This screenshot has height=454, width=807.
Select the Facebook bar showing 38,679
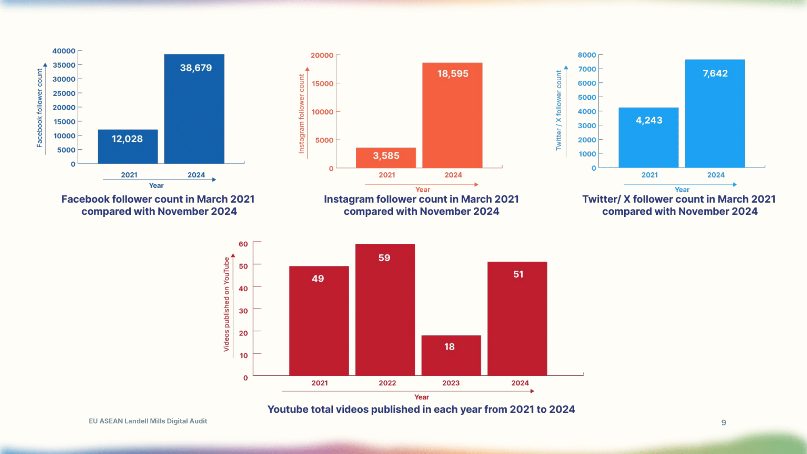(194, 109)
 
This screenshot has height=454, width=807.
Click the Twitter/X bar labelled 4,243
(648, 137)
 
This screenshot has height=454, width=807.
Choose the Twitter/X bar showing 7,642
(715, 113)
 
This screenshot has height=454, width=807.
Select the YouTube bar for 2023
(451, 355)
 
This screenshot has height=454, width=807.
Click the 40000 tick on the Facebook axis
(64, 51)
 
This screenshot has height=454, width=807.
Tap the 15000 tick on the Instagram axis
(322, 84)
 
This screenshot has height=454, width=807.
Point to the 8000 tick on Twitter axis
(587, 55)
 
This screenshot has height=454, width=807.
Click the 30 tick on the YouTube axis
(243, 311)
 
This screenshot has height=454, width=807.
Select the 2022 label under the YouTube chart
(387, 383)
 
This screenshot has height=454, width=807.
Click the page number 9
(723, 423)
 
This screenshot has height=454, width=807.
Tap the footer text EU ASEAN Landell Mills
(148, 421)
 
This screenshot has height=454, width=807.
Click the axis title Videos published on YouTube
(226, 304)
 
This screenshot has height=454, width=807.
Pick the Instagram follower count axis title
(301, 114)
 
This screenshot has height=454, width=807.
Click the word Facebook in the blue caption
(85, 199)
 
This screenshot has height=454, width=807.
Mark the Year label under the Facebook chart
(156, 186)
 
